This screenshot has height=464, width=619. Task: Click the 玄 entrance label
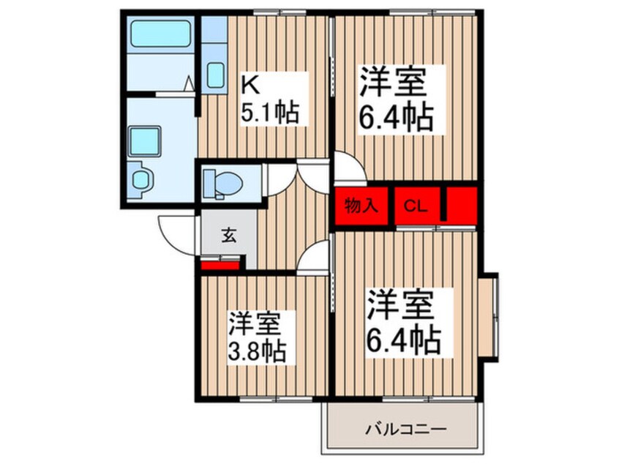[228, 236]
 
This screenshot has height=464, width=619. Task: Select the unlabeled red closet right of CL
[461, 204]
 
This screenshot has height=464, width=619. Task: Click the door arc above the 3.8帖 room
[315, 258]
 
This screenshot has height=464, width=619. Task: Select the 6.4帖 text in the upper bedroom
[395, 116]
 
